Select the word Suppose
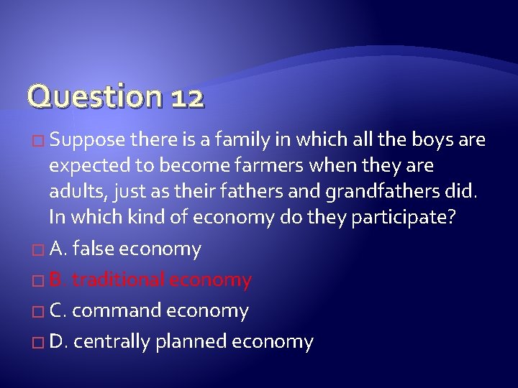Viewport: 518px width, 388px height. [89, 139]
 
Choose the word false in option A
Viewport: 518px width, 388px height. [94, 249]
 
